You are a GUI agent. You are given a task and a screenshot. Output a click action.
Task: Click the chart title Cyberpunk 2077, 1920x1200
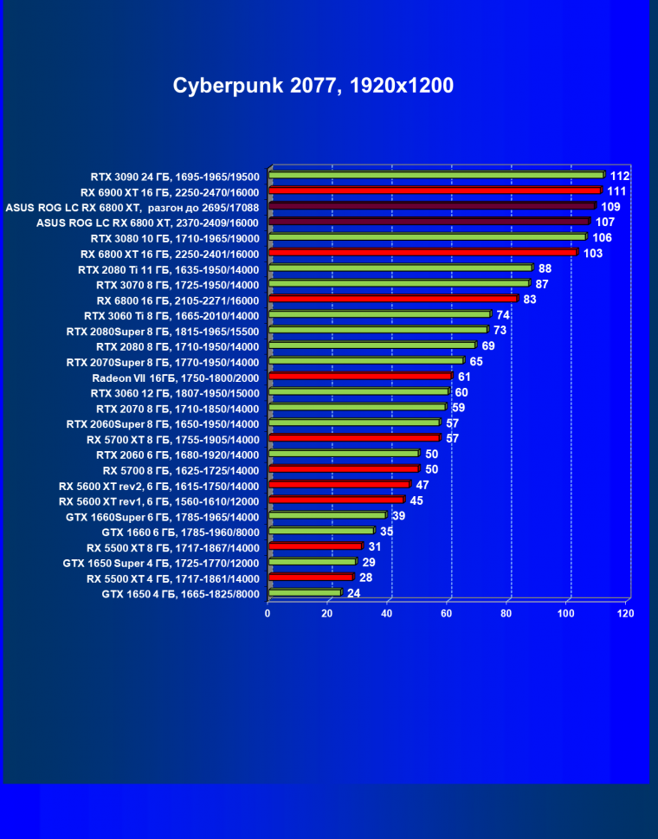313,86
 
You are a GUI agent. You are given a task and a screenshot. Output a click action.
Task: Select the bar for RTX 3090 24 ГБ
436,175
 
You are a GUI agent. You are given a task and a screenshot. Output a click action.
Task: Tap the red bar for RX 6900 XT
435,190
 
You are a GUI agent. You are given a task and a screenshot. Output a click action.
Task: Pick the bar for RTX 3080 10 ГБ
428,237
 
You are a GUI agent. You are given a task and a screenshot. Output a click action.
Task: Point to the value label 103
593,253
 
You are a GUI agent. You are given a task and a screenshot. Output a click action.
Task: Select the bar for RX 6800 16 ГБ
393,300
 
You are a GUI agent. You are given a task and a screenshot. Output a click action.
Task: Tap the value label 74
503,314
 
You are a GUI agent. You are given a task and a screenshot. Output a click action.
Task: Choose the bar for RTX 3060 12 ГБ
358,392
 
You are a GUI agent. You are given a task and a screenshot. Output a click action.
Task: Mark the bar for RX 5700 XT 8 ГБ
354,439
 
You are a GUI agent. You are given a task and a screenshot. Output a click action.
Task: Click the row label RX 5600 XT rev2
159,486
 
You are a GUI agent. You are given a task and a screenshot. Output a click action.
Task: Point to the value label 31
375,546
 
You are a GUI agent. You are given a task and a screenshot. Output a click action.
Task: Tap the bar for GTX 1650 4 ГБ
305,594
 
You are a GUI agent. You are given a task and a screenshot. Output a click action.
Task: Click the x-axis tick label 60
447,614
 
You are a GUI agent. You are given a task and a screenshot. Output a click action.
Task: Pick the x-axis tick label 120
625,614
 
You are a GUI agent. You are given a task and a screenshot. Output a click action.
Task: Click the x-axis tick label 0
268,614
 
